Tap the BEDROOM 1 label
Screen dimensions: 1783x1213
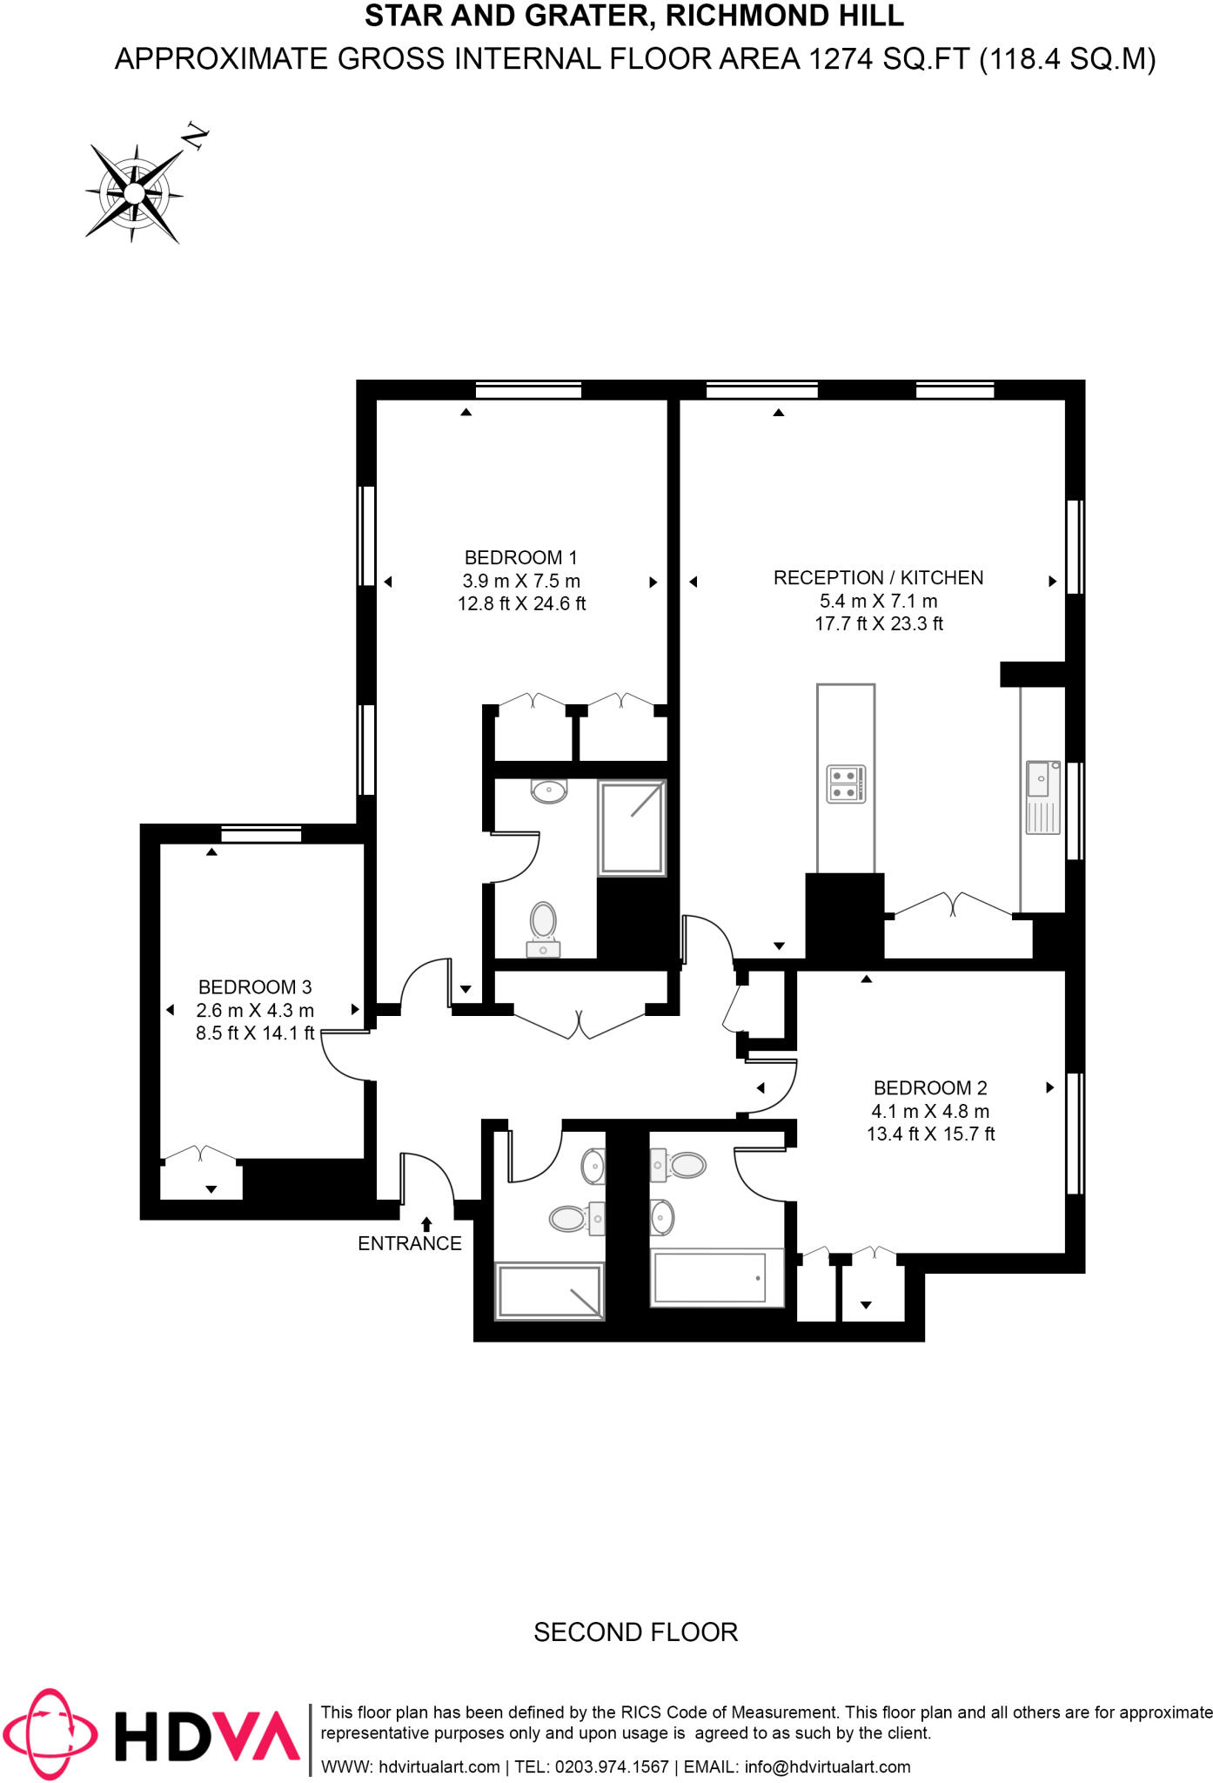(x=520, y=558)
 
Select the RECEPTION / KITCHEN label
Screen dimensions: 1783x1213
(x=878, y=578)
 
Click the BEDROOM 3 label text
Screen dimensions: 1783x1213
(x=254, y=987)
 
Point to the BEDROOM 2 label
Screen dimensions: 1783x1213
(x=930, y=1088)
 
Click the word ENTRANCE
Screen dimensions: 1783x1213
(x=409, y=1244)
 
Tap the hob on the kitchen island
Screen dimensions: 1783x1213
(x=845, y=784)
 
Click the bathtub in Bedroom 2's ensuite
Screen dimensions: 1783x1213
(x=710, y=1278)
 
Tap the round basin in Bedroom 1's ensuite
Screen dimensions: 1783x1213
(x=549, y=791)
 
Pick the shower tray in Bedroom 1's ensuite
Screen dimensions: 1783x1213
(x=632, y=828)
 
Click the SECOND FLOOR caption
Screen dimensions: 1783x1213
(x=635, y=1632)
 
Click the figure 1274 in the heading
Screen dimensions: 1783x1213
(x=841, y=59)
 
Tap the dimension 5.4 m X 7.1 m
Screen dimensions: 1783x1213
(x=878, y=602)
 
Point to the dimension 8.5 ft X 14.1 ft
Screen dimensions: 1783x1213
(x=254, y=1033)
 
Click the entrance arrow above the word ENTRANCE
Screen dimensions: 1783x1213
(x=426, y=1225)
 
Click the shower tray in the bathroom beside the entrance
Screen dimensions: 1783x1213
(x=549, y=1290)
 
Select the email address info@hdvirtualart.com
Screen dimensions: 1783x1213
(x=827, y=1767)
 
